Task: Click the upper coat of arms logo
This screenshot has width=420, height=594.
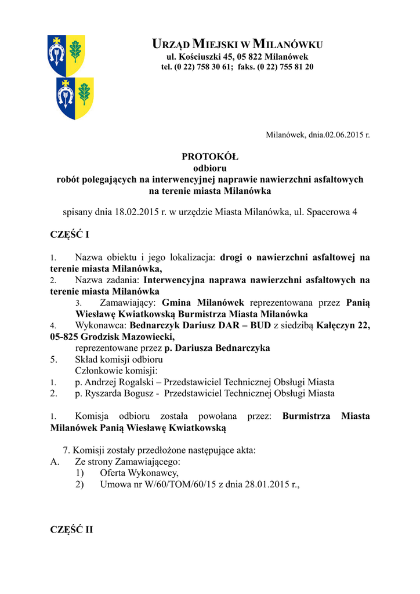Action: coord(66,55)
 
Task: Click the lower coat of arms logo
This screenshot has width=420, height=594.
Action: coord(75,98)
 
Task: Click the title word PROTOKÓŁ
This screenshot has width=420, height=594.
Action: coord(210,157)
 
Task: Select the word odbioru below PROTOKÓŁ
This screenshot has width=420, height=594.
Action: coord(209,168)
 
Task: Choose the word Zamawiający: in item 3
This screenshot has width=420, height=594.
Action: coord(128,303)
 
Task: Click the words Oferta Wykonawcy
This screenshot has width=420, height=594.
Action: coord(139,473)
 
